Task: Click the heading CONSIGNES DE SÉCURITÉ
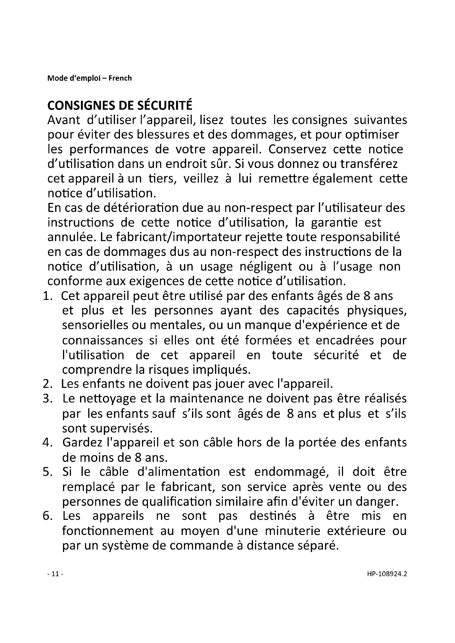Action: [120, 105]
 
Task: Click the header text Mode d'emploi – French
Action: [89, 78]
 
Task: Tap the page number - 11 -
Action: [55, 574]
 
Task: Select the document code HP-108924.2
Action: [387, 574]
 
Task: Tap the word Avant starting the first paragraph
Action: [64, 120]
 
